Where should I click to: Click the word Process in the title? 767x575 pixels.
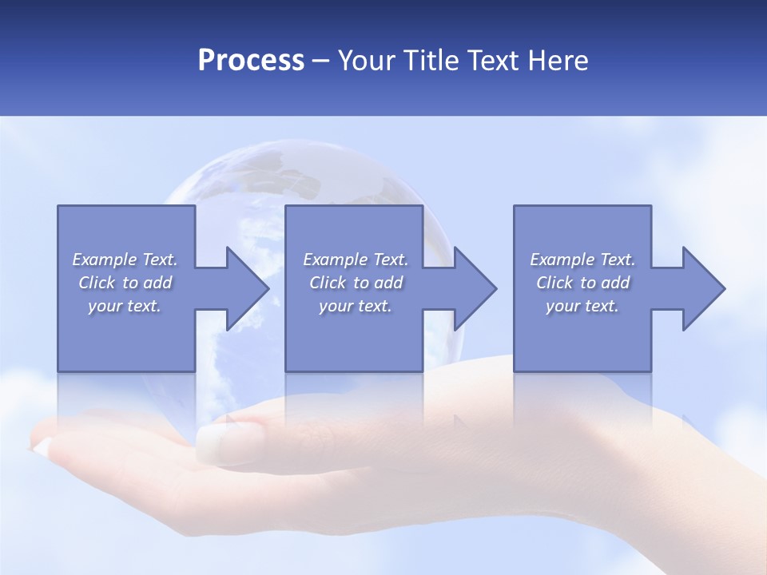point(251,60)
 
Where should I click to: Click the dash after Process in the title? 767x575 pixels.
point(320,61)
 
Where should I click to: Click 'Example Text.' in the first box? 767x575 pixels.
point(125,260)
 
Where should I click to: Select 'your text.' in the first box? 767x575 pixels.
point(125,306)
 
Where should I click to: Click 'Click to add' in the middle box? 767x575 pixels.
point(356,283)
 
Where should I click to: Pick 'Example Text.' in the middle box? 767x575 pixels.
point(356,260)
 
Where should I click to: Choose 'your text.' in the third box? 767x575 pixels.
point(582,306)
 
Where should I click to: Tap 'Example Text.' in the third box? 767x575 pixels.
point(582,260)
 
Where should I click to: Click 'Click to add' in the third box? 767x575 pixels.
point(582,283)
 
